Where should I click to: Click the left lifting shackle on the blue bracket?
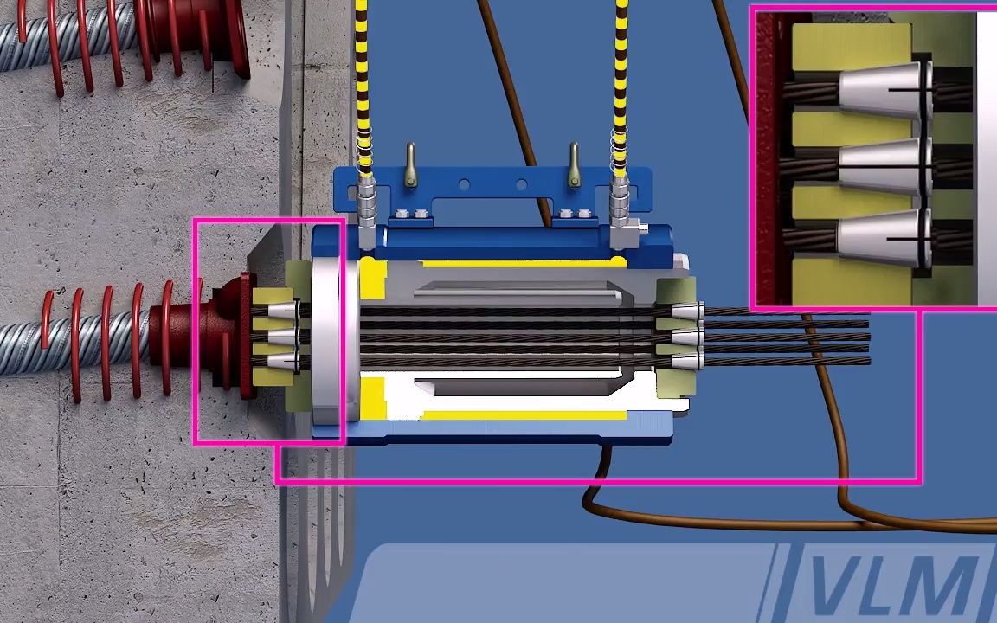(x=411, y=165)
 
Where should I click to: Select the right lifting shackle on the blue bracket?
(x=574, y=165)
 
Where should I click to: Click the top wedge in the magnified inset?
(x=884, y=91)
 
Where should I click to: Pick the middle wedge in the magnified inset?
(x=884, y=166)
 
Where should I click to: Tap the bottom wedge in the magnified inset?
(x=884, y=239)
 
